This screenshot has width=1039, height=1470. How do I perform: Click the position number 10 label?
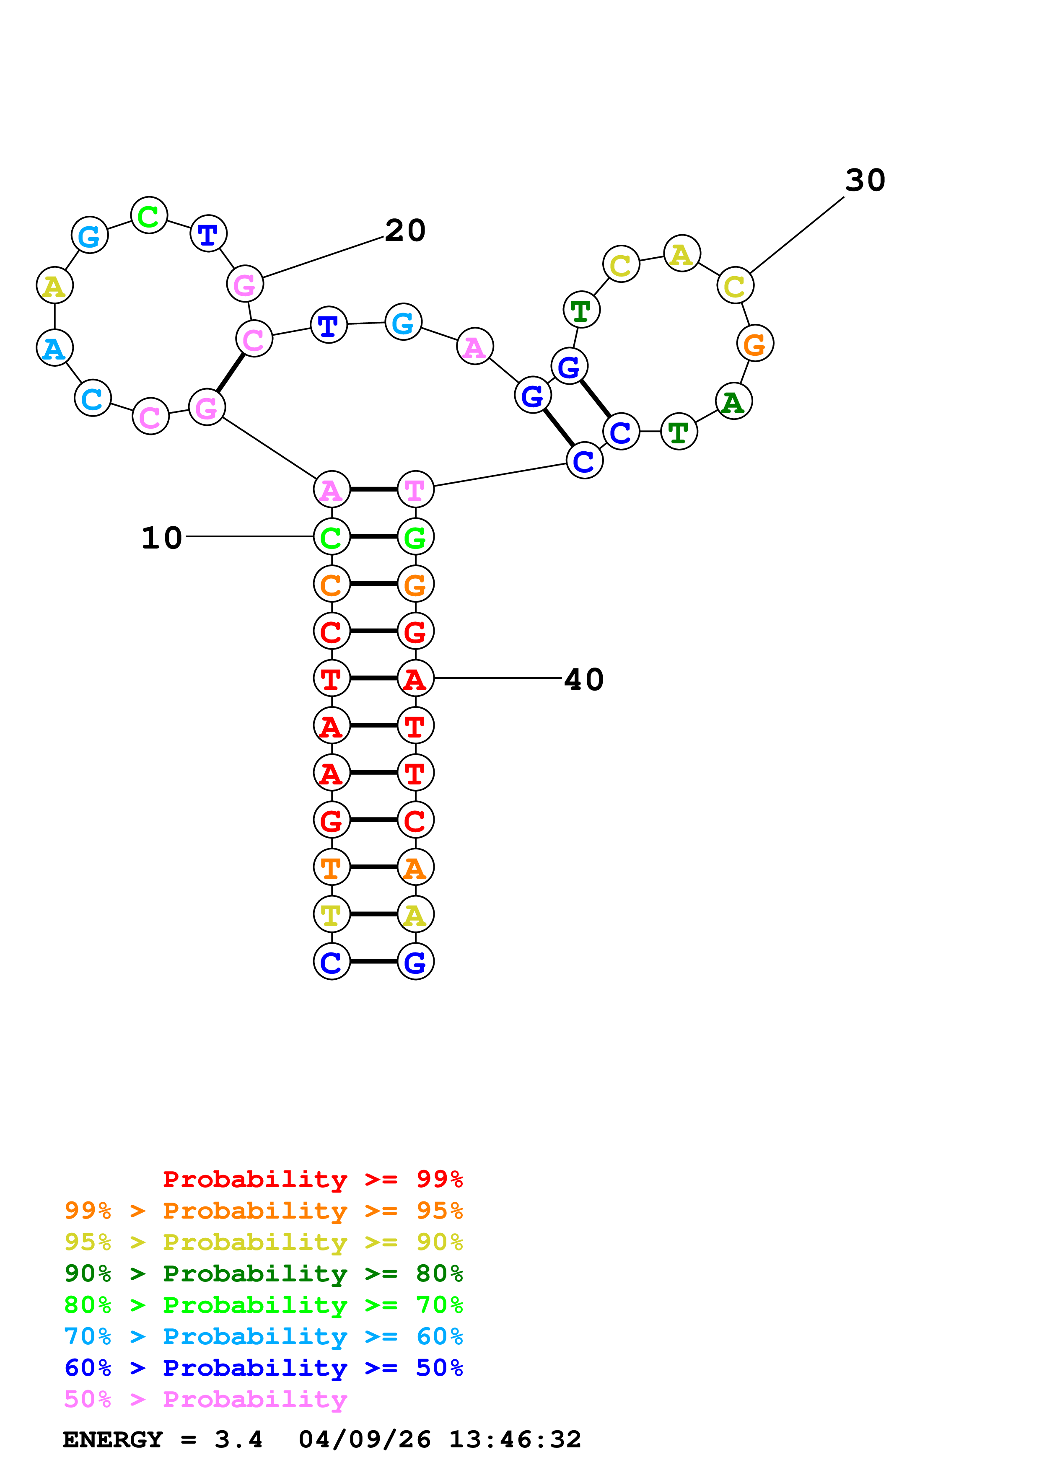tap(161, 538)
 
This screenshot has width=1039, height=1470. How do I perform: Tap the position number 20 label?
tap(405, 230)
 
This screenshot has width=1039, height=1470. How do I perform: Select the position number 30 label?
tap(865, 181)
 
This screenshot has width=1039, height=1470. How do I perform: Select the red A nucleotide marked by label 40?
tap(415, 679)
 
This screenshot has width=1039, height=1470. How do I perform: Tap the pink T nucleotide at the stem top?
tap(415, 490)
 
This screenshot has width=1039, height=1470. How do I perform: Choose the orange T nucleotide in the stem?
tap(332, 867)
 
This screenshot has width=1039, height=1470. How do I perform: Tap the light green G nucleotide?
tap(415, 537)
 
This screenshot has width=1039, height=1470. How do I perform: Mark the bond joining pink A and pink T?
tap(373, 490)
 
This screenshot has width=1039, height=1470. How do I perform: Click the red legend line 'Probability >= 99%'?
tap(312, 1179)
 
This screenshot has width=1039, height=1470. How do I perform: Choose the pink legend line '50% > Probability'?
tap(205, 1400)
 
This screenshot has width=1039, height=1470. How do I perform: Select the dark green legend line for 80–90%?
tap(263, 1274)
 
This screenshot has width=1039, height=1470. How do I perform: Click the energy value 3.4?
tap(238, 1440)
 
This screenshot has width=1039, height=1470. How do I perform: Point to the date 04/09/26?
tap(364, 1440)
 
